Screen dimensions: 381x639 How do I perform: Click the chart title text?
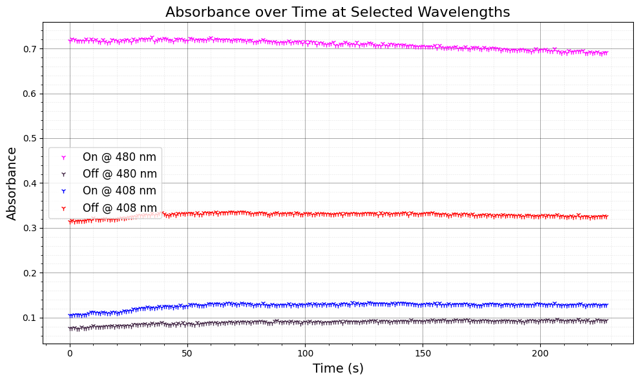coord(337,12)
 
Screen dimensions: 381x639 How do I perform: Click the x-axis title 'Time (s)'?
coord(337,368)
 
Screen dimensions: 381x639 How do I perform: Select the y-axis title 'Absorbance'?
coord(12,183)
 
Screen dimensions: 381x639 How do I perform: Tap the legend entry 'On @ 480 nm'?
coord(120,156)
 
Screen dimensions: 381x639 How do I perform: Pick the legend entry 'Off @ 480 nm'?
coord(120,174)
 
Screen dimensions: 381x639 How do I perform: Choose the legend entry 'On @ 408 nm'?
coord(120,190)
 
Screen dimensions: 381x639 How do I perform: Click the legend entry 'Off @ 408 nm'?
coord(120,208)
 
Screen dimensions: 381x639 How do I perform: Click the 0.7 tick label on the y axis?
coord(30,49)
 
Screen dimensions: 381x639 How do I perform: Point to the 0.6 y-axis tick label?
coord(30,94)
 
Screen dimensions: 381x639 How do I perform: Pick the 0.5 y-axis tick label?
coord(30,139)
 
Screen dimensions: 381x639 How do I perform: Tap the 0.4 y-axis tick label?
coord(30,183)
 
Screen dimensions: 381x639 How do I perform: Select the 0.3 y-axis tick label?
coord(30,228)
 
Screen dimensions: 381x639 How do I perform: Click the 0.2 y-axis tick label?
coord(30,273)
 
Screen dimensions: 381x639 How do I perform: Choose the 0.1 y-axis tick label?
coord(30,318)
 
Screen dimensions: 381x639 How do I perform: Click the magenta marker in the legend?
coord(63,157)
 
